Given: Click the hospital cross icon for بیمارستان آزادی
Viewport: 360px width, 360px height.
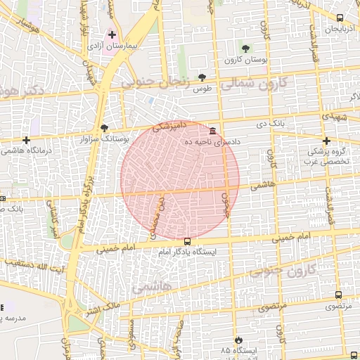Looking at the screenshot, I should (x=112, y=34).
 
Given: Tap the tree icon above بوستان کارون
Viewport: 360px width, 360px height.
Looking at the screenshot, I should (x=245, y=49).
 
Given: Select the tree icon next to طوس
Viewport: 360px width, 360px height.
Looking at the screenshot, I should (x=202, y=77).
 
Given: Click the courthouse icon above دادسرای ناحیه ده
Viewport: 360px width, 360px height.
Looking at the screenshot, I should (x=213, y=131).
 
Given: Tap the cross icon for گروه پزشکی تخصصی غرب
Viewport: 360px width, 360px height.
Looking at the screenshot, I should (x=327, y=141).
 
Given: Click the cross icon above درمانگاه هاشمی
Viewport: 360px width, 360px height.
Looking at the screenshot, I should (x=26, y=140).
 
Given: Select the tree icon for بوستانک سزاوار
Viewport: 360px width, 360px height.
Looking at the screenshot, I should (x=105, y=128).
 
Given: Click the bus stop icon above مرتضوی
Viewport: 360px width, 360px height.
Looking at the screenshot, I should (x=339, y=296).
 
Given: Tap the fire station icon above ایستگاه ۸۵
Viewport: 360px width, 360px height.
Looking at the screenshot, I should (x=238, y=339).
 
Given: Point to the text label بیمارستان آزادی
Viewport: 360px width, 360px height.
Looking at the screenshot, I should (x=115, y=45).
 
